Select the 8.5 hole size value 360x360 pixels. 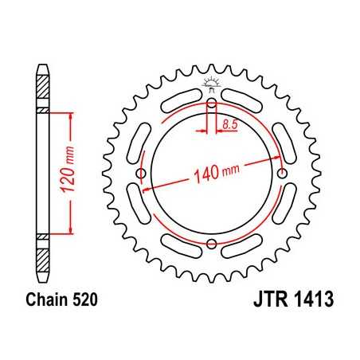pos(229,123)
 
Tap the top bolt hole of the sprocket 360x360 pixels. pos(212,104)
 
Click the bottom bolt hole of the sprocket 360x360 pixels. pos(212,245)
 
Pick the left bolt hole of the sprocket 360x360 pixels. pos(142,174)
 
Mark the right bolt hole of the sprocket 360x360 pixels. pos(282,174)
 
